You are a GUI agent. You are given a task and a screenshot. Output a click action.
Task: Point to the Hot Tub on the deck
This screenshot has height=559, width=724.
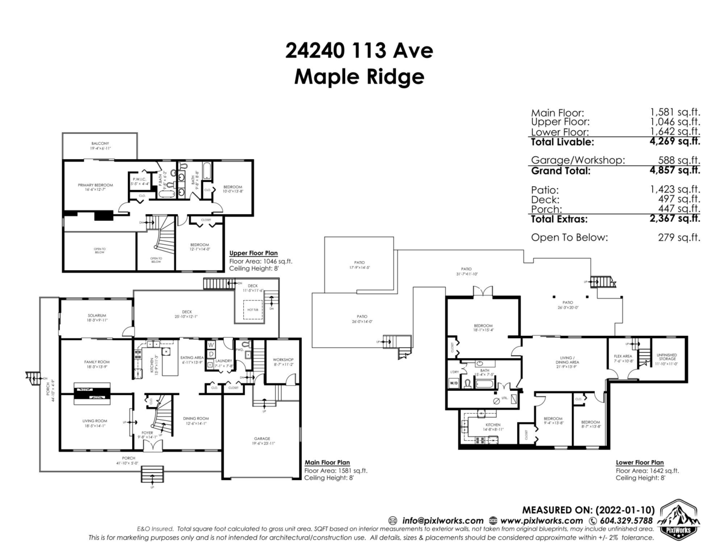[x=252, y=310]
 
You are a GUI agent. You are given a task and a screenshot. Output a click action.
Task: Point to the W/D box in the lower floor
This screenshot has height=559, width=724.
[x=453, y=384]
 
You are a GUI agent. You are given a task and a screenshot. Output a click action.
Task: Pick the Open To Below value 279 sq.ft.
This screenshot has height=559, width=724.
[x=679, y=238]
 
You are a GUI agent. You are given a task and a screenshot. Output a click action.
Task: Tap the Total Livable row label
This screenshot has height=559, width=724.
[x=562, y=142]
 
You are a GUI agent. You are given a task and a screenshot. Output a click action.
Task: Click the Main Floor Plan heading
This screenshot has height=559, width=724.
[x=327, y=463]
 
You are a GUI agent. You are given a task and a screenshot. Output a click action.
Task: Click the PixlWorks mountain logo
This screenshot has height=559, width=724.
[x=679, y=517]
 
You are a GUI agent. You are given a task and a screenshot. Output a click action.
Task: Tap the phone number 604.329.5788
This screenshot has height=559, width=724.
[x=627, y=520]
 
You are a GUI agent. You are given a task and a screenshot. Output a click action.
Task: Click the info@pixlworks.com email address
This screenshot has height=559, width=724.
[x=442, y=520]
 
